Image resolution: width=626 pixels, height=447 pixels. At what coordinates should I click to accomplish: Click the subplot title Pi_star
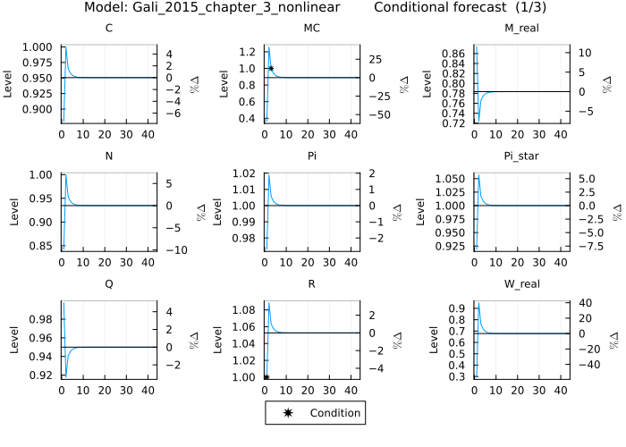pyautogui.click(x=519, y=155)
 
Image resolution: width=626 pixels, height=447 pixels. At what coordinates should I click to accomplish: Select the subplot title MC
pyautogui.click(x=312, y=28)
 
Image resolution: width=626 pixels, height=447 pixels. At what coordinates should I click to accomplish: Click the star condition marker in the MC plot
pyautogui.click(x=271, y=69)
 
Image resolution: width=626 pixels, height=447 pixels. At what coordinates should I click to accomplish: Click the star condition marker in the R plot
pyautogui.click(x=266, y=377)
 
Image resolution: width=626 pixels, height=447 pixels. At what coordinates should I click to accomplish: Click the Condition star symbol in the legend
pyautogui.click(x=287, y=413)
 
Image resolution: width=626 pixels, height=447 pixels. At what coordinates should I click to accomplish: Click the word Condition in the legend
pyautogui.click(x=334, y=413)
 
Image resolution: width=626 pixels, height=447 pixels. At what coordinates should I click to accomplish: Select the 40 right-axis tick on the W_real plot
pyautogui.click(x=580, y=302)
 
